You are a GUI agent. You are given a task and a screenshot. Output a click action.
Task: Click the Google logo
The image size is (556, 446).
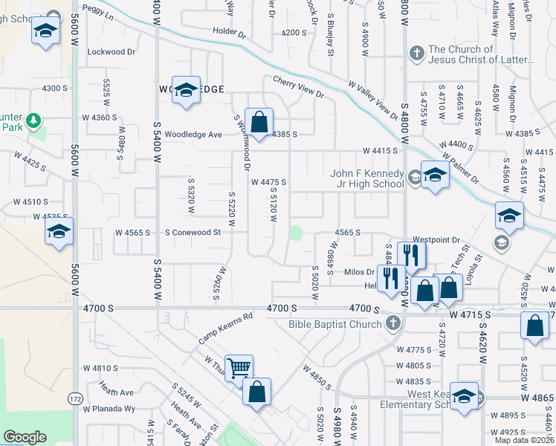click(x=25, y=437)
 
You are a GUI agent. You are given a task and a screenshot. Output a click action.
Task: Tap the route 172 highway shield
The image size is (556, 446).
click(x=76, y=399)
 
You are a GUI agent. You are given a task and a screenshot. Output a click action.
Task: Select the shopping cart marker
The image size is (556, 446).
click(x=239, y=367)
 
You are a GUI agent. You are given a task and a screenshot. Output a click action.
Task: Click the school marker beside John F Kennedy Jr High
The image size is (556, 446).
click(x=435, y=175)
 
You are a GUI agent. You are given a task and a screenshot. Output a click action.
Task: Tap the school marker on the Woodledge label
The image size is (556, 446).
click(x=187, y=90)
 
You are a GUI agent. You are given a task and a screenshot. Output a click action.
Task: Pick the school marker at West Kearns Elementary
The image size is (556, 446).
click(x=465, y=396)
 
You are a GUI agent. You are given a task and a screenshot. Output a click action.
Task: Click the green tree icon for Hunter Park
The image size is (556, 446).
click(x=33, y=120)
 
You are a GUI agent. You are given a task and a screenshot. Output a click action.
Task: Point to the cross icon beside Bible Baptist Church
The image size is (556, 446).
click(x=392, y=323)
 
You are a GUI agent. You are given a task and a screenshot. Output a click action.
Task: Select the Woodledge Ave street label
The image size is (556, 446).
click(x=194, y=135)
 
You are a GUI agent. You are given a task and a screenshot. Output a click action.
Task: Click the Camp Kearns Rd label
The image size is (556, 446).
click(x=225, y=327)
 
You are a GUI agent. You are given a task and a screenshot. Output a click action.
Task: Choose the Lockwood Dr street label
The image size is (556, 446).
click(x=111, y=52)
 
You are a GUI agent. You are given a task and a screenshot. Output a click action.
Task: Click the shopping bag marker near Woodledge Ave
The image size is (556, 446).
click(x=259, y=122)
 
